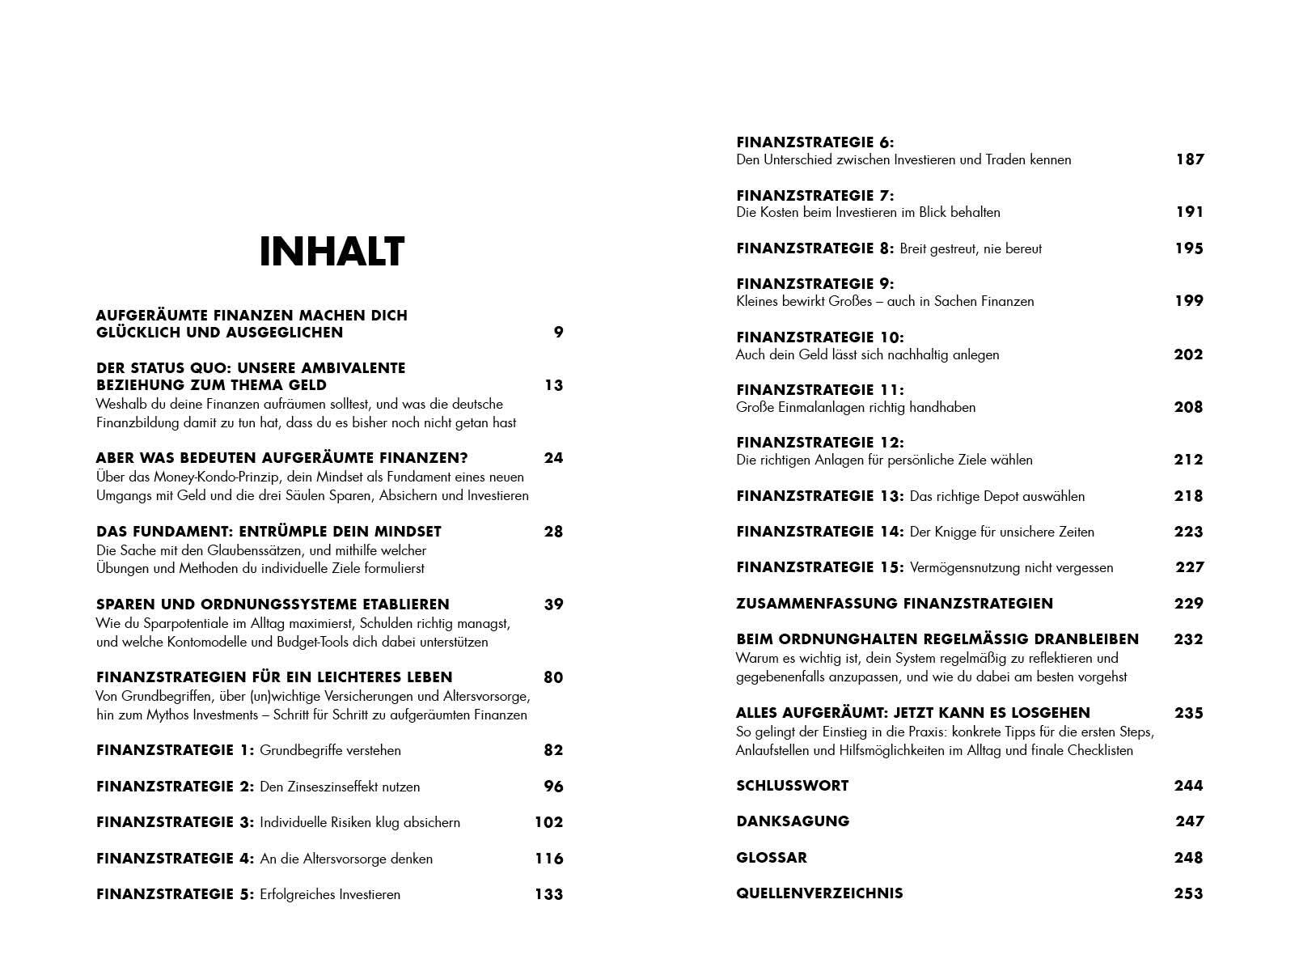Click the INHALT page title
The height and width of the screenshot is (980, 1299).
(x=332, y=252)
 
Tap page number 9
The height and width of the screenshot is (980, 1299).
(x=558, y=332)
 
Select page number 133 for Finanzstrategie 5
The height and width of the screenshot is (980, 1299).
(x=548, y=894)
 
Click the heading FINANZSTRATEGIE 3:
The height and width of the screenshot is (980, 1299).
(x=175, y=822)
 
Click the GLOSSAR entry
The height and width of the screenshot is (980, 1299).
(x=771, y=857)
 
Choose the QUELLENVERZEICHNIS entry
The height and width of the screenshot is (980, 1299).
(x=819, y=893)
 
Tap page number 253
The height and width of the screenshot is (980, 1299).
(x=1188, y=893)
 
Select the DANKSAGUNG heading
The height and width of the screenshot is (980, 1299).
(x=792, y=821)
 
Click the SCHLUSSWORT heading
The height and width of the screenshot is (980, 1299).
(x=792, y=785)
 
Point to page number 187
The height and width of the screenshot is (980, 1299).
(x=1189, y=159)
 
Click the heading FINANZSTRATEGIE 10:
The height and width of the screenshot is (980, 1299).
(x=819, y=337)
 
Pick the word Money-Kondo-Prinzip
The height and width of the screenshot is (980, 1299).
(x=185, y=477)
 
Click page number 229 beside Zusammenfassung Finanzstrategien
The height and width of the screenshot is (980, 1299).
(x=1188, y=603)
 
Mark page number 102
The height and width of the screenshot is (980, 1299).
(x=548, y=822)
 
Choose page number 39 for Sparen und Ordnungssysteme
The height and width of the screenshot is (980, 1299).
(x=553, y=605)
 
